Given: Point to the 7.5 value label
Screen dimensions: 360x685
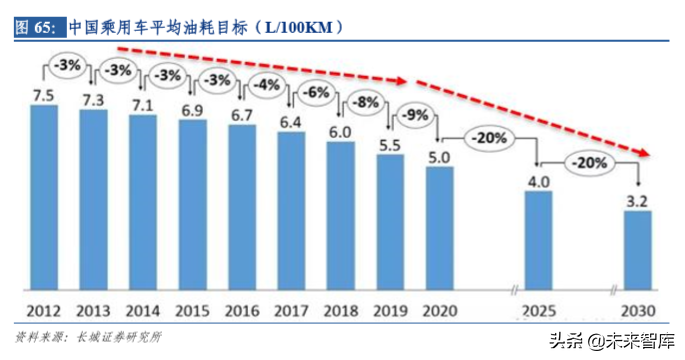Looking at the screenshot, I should pos(44,95).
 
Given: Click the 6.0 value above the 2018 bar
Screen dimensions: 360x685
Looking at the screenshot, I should pos(340,131).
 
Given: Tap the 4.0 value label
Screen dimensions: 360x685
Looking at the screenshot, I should pos(538,180).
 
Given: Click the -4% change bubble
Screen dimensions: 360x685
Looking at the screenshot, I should pos(265,86).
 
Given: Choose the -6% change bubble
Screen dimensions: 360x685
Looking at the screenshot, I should pos(315,93).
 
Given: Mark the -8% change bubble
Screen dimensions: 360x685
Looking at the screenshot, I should pos(365,103).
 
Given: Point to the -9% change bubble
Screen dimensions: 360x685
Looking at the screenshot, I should pos(415,116).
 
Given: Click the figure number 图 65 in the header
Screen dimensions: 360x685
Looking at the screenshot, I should pos(35,27).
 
